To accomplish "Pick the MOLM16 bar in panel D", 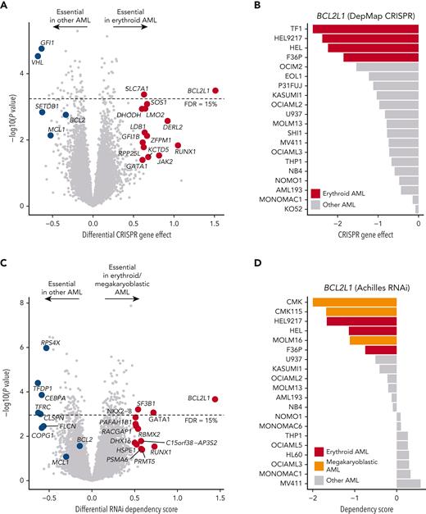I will point(372,339).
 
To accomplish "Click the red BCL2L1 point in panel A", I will point(215,90).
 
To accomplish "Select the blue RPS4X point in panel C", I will point(47,348).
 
